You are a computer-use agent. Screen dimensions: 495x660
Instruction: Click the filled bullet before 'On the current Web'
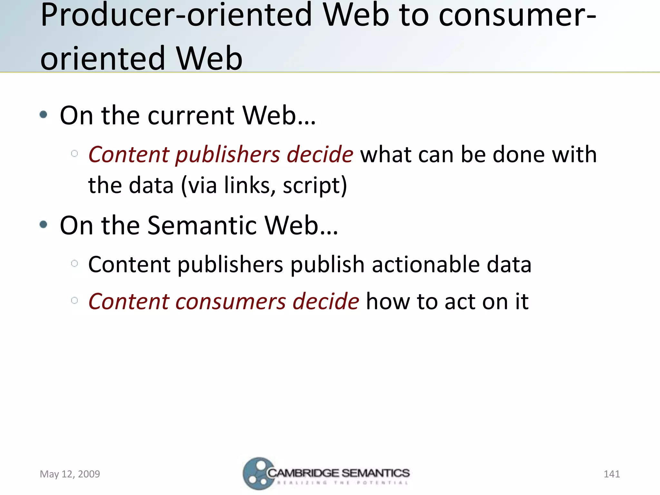click(44, 114)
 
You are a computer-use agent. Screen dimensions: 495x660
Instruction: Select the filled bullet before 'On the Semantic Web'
click(44, 224)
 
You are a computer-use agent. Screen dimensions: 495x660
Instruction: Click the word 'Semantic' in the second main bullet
click(202, 225)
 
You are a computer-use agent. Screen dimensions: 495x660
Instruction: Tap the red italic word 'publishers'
click(228, 155)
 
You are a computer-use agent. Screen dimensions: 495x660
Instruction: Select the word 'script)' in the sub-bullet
click(315, 186)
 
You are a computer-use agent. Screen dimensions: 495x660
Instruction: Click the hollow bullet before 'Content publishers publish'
click(74, 264)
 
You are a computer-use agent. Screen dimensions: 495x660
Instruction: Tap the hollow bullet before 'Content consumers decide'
click(74, 301)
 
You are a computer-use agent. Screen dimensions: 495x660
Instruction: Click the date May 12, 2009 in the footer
click(70, 474)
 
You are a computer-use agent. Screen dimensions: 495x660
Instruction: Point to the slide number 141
click(612, 474)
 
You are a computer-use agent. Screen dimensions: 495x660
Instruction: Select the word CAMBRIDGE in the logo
click(303, 473)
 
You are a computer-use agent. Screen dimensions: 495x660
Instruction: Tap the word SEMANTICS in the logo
click(375, 473)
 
